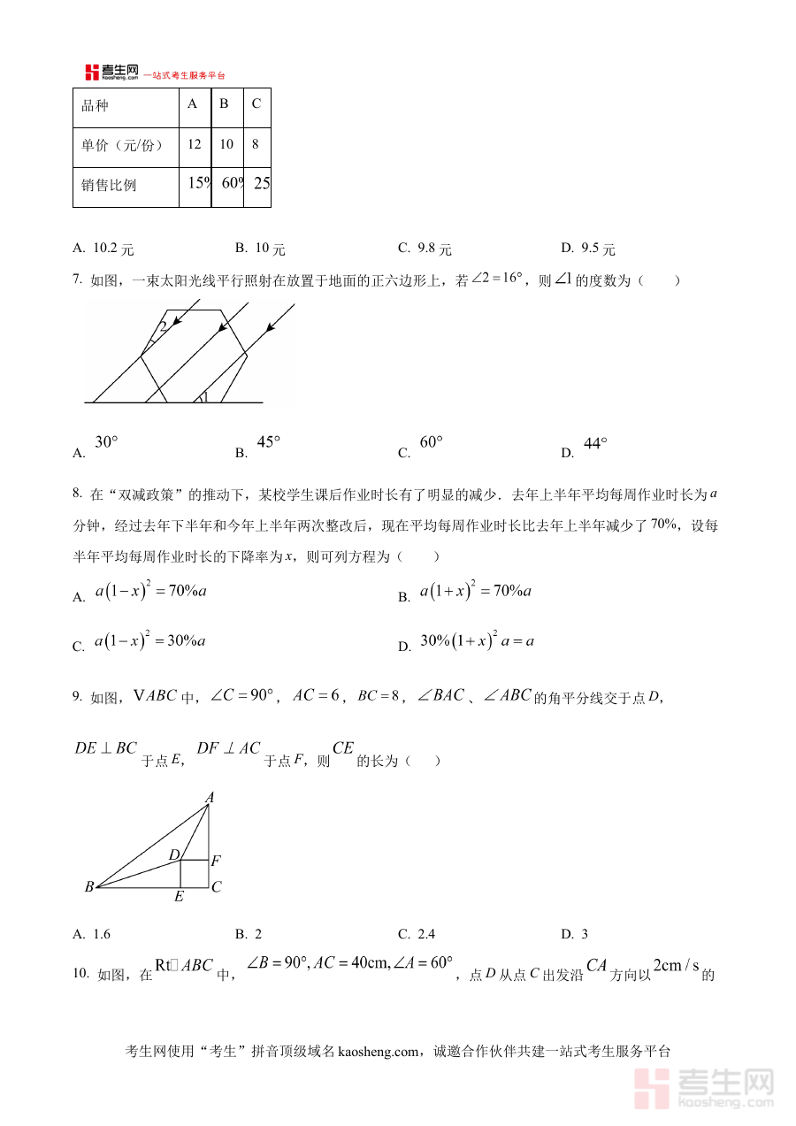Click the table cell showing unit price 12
(x=195, y=144)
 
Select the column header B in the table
(x=225, y=104)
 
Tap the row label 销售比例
(x=109, y=186)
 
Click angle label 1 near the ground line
(x=205, y=397)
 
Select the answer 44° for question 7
(x=595, y=444)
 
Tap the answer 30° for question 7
(x=106, y=442)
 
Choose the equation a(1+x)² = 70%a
(x=475, y=592)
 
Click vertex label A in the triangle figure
(x=210, y=797)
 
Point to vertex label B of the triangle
(x=89, y=887)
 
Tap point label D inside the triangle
(x=174, y=854)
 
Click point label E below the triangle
(x=179, y=898)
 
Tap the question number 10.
(x=80, y=974)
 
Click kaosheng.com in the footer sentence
(x=377, y=1052)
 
